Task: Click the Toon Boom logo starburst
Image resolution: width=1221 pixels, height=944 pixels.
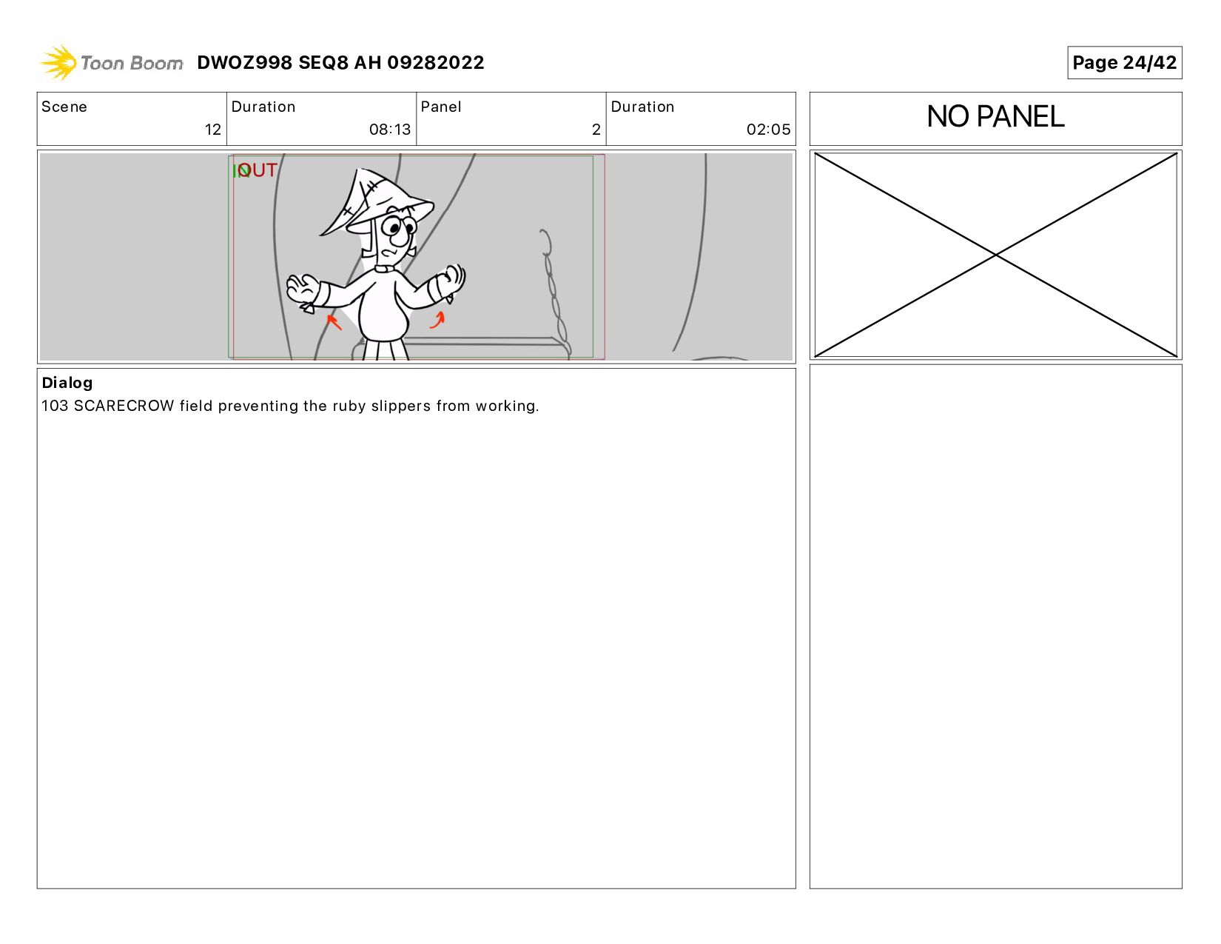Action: click(x=58, y=62)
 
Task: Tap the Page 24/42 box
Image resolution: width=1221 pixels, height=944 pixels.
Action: click(x=1124, y=62)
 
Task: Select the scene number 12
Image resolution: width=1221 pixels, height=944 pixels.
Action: click(x=212, y=130)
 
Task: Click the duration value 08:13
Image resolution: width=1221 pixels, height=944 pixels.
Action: click(x=389, y=130)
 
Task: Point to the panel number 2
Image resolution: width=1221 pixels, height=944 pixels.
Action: click(x=596, y=130)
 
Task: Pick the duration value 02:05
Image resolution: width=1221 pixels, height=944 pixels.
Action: click(x=768, y=130)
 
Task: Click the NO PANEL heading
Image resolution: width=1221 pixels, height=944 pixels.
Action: click(x=995, y=116)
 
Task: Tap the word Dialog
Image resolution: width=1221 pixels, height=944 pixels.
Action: click(x=67, y=383)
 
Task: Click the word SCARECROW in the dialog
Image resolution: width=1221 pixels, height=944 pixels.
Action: click(x=124, y=406)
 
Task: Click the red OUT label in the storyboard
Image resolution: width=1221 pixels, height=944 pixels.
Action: click(x=258, y=170)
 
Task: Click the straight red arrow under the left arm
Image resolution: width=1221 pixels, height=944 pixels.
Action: click(x=334, y=322)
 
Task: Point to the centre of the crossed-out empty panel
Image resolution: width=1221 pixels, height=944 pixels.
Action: click(x=995, y=255)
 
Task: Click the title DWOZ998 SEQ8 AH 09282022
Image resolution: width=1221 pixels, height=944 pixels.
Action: click(x=340, y=62)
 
